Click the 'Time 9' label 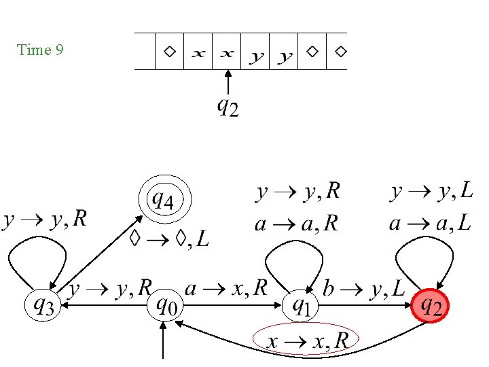coord(40,50)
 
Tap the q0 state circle coord(165,306)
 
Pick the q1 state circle coord(300,306)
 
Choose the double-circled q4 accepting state coord(165,200)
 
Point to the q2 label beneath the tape coord(228,107)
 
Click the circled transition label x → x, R coord(306,339)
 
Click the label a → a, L coord(430,224)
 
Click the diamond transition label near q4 coord(169,239)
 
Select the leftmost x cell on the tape coord(198,52)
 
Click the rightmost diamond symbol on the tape coord(341,51)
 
